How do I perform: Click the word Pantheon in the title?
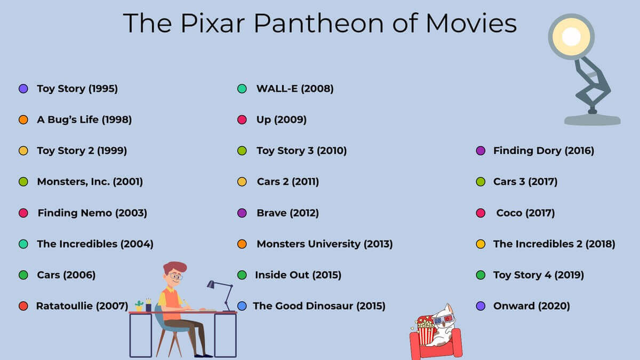(318, 23)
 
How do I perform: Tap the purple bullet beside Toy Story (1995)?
(23, 89)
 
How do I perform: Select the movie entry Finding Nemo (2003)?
(92, 213)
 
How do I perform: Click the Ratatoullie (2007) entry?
(82, 306)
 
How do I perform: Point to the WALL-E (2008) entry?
(295, 89)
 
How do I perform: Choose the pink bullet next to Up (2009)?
(242, 119)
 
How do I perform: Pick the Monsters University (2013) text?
(325, 244)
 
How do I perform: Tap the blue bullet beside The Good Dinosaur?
(242, 306)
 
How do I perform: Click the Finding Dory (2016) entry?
(543, 150)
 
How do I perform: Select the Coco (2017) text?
(525, 213)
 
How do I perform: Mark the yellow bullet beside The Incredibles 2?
(481, 244)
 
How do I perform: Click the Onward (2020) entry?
(531, 306)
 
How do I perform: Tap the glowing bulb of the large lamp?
(571, 37)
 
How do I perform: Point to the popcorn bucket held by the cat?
(426, 331)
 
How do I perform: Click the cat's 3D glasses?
(443, 320)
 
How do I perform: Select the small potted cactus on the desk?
(139, 306)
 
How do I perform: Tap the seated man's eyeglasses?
(175, 276)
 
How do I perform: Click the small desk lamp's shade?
(211, 284)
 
